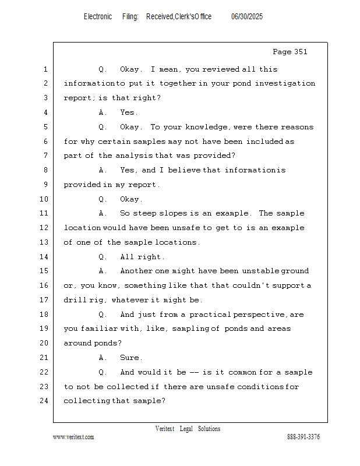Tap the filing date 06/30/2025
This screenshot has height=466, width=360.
(247, 17)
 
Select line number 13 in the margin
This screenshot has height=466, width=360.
(45, 242)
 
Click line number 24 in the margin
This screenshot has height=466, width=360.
(45, 401)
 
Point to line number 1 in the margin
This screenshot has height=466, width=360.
(45, 69)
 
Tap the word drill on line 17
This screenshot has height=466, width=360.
(75, 300)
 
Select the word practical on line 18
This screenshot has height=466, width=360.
(210, 315)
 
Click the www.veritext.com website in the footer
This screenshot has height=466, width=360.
(73, 437)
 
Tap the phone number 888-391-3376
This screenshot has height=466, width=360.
(303, 437)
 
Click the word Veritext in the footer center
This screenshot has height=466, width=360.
(165, 429)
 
